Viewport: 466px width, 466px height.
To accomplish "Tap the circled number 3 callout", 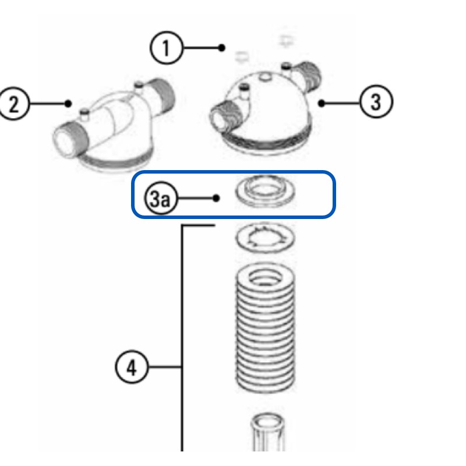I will (x=376, y=102).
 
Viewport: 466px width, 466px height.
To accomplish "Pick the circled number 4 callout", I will (x=132, y=368).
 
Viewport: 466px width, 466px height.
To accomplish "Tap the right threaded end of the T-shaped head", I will (x=162, y=93).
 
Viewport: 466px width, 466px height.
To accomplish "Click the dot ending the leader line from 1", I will (x=222, y=48).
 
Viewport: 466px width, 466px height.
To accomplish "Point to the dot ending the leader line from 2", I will (x=69, y=104).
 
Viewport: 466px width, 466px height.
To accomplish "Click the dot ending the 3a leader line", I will (x=216, y=198).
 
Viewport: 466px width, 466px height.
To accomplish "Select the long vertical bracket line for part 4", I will (x=183, y=349).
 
